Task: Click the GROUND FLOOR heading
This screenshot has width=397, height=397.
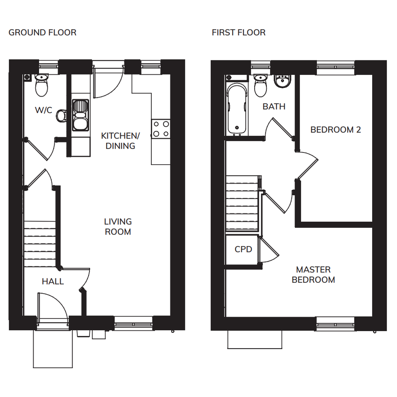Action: coord(42,33)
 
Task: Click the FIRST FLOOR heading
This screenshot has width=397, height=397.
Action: coord(239,33)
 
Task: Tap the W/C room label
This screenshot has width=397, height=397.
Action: coord(44,110)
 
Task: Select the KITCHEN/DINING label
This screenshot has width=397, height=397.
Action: coord(120,141)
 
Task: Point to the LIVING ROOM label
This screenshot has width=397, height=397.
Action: coord(118,226)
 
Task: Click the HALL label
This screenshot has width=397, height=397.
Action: coord(53,281)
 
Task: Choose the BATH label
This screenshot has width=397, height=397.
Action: coord(274,107)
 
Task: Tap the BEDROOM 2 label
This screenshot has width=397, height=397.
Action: coord(336,130)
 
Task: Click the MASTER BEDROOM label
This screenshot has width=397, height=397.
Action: coord(313,275)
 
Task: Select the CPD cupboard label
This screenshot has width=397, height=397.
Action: coord(243,250)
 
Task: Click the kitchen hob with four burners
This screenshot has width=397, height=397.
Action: coord(161,129)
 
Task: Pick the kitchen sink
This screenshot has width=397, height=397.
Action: coord(81,115)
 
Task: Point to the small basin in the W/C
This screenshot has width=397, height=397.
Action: coord(61,116)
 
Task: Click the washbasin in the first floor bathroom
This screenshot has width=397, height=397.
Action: coord(282,81)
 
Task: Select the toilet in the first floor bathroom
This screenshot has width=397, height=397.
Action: coord(260,86)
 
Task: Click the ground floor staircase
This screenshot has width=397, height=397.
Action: coord(40,244)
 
